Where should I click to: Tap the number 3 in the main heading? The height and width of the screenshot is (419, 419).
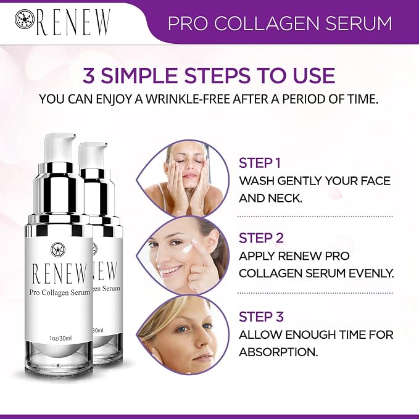89,75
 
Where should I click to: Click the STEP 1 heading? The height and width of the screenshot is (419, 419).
259,163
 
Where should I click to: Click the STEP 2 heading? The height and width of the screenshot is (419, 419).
261,238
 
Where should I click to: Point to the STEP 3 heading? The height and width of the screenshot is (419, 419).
261,317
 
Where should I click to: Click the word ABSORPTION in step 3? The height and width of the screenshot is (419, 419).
278,352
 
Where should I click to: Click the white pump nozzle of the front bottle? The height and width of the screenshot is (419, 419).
59,147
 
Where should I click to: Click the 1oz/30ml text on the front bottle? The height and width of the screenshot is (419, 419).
60,338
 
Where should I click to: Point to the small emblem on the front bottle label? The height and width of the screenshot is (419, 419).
58,249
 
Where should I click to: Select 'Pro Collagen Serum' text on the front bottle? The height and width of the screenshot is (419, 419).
60,293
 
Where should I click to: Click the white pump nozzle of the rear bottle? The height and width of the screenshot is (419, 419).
93,154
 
